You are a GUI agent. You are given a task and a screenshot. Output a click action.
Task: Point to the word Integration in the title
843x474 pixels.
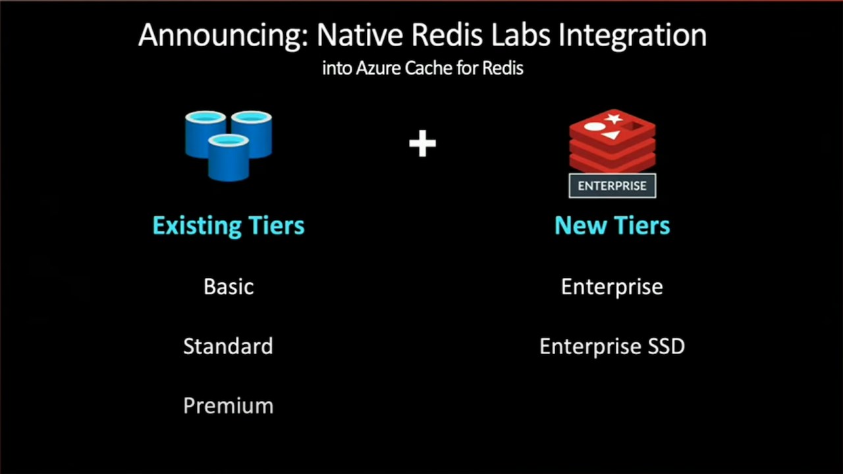[632, 36]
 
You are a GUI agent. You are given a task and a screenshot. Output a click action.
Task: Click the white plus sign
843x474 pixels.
[422, 144]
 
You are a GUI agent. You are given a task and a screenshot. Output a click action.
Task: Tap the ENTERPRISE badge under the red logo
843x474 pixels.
[612, 186]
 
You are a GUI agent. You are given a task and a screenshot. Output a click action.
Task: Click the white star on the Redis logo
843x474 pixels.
[614, 118]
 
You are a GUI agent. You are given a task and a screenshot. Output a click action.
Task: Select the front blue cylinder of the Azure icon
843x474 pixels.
[229, 158]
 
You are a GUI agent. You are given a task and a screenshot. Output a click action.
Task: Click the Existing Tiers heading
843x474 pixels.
[229, 226]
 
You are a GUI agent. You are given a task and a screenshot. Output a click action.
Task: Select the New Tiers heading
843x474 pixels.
[612, 225]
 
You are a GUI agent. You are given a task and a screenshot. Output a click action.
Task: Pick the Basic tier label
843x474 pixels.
[229, 286]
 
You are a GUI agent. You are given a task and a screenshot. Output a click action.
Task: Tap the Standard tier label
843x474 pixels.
[228, 346]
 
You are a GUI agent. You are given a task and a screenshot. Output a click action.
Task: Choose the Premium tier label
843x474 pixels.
[228, 406]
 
